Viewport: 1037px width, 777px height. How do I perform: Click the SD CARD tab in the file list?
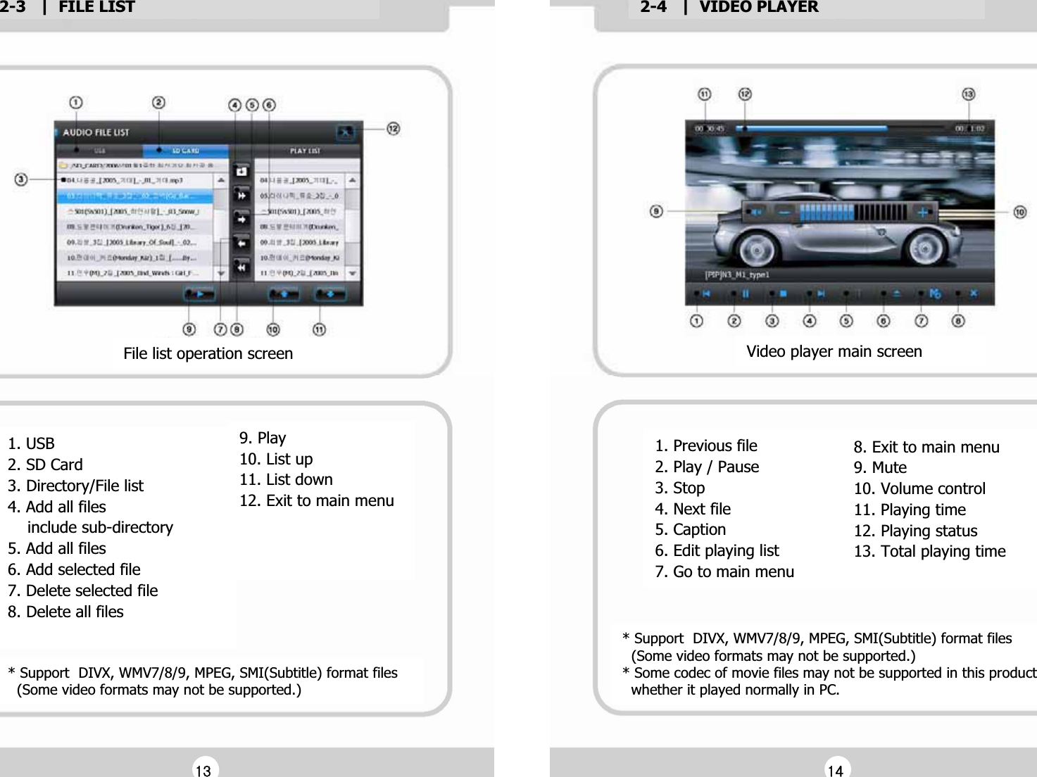coord(185,151)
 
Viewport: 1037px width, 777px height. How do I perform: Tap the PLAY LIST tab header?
coord(305,151)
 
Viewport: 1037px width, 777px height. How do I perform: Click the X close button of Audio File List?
coord(345,132)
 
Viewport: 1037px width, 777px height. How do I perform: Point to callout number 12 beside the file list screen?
coord(393,129)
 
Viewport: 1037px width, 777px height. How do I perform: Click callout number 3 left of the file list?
coord(21,179)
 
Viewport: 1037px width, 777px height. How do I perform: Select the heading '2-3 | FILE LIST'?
coord(68,8)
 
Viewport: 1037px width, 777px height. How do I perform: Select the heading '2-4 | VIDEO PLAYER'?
coord(729,8)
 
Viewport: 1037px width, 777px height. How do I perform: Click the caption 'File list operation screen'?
coord(208,353)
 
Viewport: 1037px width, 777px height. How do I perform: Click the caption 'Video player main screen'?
coord(834,351)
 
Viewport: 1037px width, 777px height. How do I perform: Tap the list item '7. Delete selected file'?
coord(83,590)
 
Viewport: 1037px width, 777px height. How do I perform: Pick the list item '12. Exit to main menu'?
coord(316,500)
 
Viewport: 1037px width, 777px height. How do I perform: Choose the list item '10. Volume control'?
coord(919,488)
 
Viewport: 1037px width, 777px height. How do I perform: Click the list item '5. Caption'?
coord(690,529)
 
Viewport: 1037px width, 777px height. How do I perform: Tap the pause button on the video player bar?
coord(745,293)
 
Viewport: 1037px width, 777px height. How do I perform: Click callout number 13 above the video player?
coord(968,94)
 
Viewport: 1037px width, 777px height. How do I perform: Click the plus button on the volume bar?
coord(922,212)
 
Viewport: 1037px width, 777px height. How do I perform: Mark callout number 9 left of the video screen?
coord(656,211)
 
